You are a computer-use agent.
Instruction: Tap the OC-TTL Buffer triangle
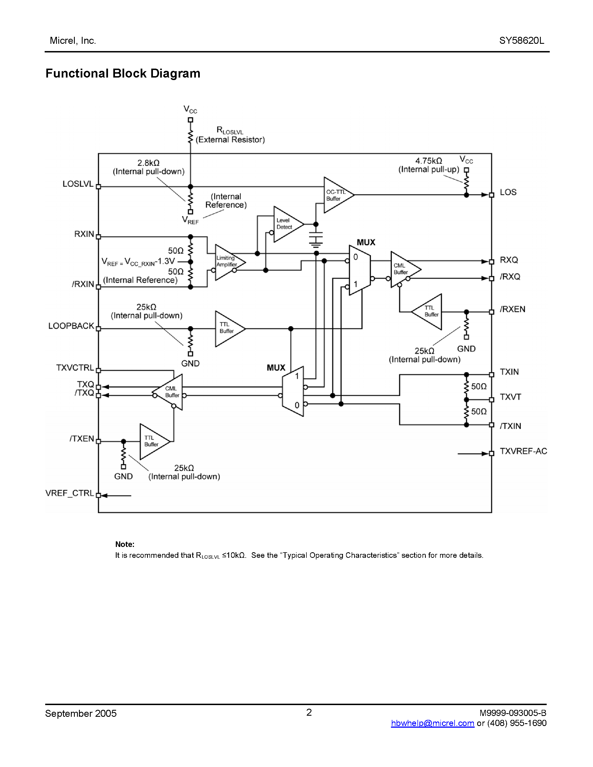click(x=336, y=195)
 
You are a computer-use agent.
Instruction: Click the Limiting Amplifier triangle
click(x=228, y=262)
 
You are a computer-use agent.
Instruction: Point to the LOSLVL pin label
click(x=78, y=184)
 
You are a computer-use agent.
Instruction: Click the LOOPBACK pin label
click(x=71, y=326)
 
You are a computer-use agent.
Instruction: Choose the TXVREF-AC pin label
click(x=523, y=451)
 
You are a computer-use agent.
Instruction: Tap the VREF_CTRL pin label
click(x=69, y=493)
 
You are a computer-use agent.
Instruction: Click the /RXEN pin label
click(x=512, y=309)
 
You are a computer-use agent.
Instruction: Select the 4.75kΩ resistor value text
click(x=429, y=161)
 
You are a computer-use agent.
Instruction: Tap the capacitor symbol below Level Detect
click(x=316, y=238)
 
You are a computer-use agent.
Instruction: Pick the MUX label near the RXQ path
click(x=366, y=242)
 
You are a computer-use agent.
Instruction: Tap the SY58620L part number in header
click(x=521, y=41)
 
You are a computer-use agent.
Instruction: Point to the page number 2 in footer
click(x=309, y=712)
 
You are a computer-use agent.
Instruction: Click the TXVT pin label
click(x=510, y=397)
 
